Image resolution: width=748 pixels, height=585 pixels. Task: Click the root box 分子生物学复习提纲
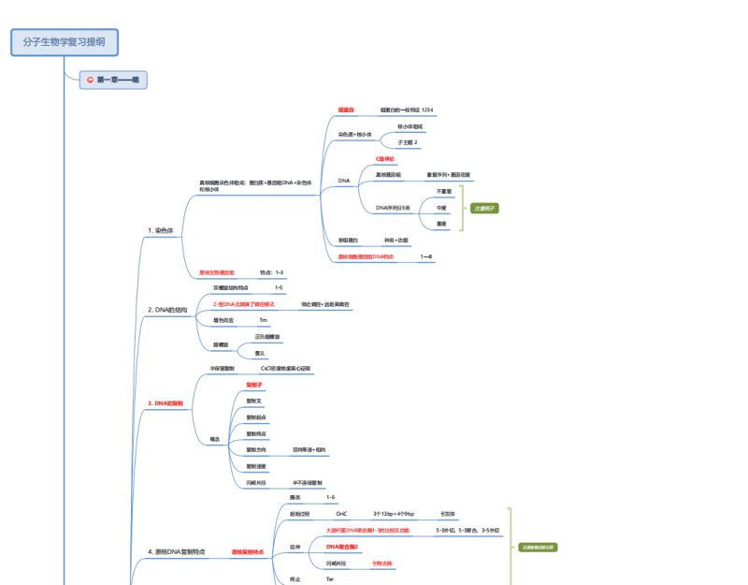tap(65, 42)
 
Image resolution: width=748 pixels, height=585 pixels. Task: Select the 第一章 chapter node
tap(113, 80)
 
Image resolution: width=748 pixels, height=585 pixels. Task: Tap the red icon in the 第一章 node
tap(91, 80)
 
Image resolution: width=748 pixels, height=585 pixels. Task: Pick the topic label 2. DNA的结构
tap(167, 309)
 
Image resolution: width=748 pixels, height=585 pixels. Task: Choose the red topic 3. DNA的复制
tap(165, 402)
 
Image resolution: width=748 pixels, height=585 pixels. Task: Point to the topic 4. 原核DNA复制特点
tap(177, 552)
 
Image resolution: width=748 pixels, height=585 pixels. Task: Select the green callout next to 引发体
tap(538, 547)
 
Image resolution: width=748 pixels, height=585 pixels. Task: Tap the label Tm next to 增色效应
tap(264, 320)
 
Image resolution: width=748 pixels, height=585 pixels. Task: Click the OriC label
tap(341, 514)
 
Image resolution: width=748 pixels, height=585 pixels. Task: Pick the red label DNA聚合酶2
tap(342, 547)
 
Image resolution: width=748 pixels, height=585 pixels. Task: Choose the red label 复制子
tap(254, 385)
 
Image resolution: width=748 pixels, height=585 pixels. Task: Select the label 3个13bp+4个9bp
tap(394, 514)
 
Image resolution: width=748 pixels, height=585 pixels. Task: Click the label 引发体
tap(448, 514)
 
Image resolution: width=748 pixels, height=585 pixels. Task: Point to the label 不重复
tap(444, 191)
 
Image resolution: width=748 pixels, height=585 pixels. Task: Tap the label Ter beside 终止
tap(330, 579)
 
